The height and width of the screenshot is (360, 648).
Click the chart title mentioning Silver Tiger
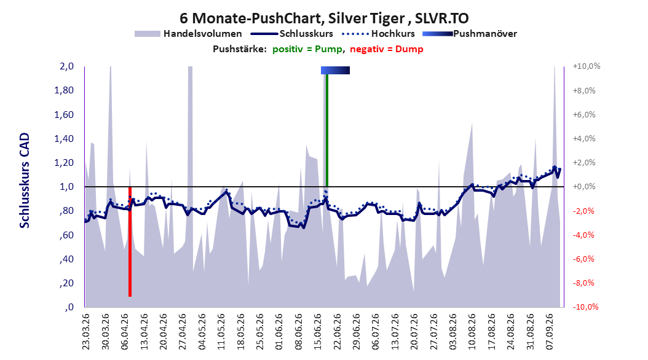coord(324,18)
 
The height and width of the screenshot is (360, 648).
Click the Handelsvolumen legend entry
coord(188,34)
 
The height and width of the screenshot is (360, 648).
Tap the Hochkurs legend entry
coord(378,34)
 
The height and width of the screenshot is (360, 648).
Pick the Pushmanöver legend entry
coord(470,34)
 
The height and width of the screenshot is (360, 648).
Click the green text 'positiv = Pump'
coord(307,49)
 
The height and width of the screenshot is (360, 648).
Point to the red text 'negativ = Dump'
coord(387,49)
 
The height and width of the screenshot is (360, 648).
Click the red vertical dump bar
coord(130,241)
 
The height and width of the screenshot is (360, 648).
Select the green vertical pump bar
coord(327,130)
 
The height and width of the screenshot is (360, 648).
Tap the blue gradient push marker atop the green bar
coord(335,70)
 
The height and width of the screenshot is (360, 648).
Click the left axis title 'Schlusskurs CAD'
coord(25,180)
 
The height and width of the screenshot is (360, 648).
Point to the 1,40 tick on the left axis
coord(64,139)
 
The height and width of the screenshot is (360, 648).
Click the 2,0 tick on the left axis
coord(66,66)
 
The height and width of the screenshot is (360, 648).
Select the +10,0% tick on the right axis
coord(587,66)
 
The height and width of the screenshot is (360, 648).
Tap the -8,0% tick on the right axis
coord(585,283)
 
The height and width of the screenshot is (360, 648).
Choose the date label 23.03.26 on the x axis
coord(86,332)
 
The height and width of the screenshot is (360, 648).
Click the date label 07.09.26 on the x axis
coord(550,332)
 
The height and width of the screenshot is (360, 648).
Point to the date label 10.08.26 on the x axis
coord(472,332)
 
